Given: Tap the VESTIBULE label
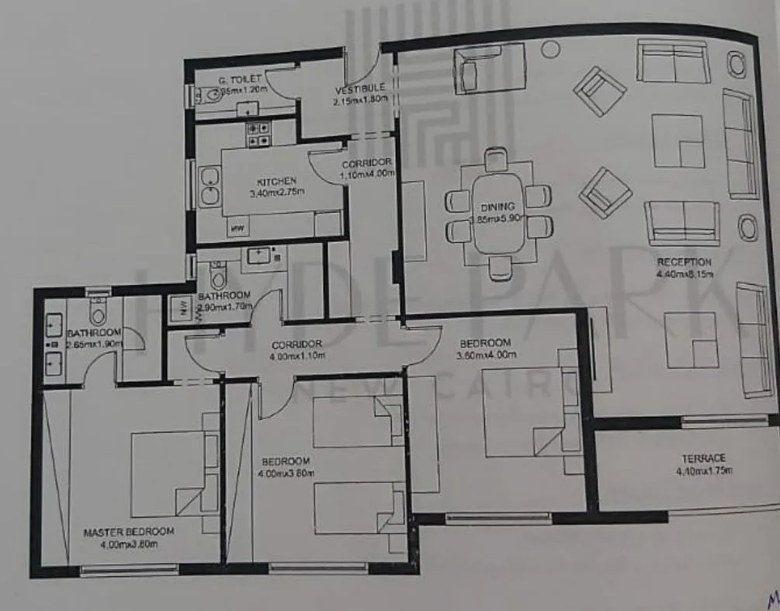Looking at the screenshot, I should [359, 89].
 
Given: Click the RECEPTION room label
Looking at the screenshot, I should [684, 262].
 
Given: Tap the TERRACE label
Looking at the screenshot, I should [704, 458].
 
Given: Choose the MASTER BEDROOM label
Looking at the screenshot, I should [128, 532].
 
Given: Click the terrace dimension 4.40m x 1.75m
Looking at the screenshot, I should [704, 470].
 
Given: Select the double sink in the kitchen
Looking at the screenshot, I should [209, 186].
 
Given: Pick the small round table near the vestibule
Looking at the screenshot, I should [550, 50].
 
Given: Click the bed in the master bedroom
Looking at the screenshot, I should [172, 474].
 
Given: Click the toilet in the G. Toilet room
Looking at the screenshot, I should [209, 95].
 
